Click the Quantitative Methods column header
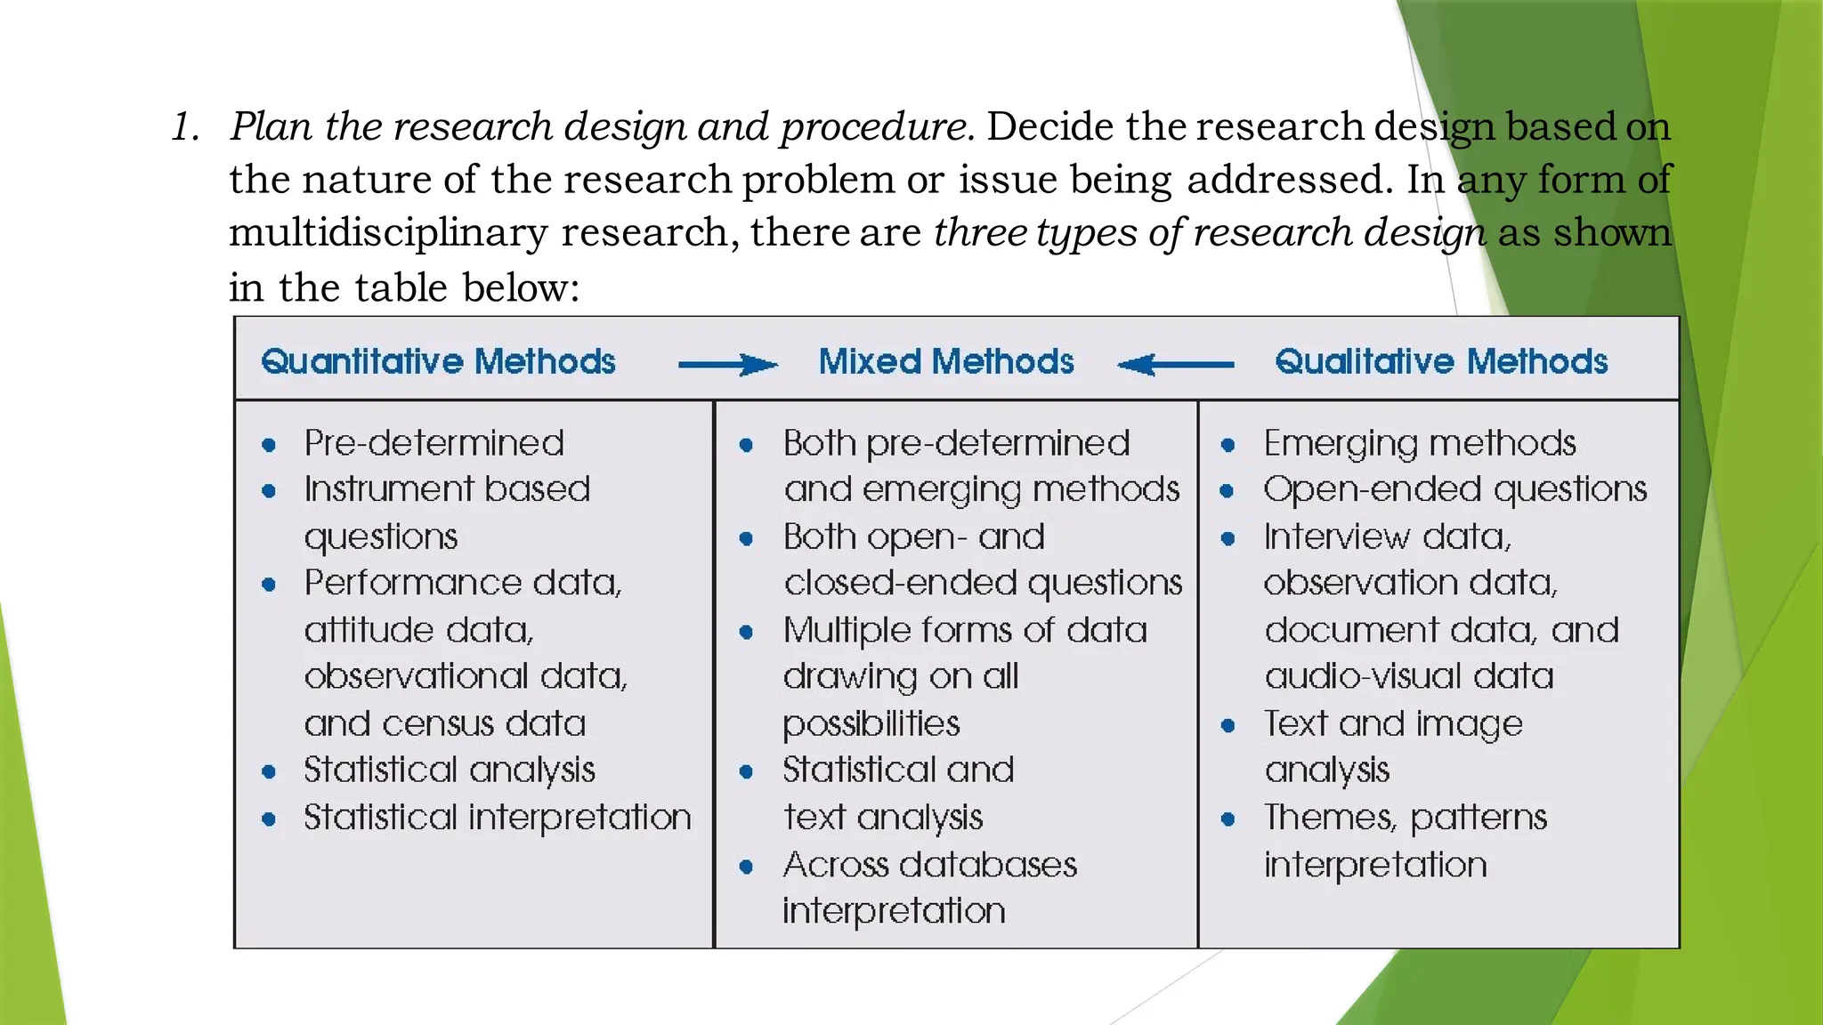[438, 362]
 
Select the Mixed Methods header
[946, 362]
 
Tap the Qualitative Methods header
[1441, 362]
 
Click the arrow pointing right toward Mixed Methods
[727, 365]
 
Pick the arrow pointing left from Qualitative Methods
[1176, 364]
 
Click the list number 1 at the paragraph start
[184, 127]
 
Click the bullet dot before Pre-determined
[269, 445]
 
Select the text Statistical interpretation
[497, 817]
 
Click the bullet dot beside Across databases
[746, 866]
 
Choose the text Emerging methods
[1420, 443]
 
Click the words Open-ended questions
[1454, 489]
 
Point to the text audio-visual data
[1409, 676]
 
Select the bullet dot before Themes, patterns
[1228, 819]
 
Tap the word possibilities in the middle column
[871, 724]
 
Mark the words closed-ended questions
[983, 583]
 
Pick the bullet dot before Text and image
[1228, 725]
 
